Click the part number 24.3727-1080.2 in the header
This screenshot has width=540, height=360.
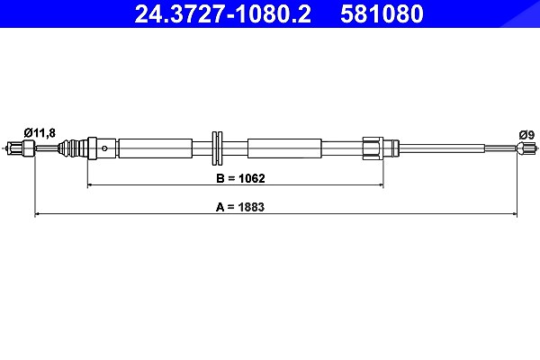point(223,14)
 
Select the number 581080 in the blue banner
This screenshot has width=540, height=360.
point(382,14)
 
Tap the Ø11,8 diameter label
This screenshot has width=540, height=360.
point(40,132)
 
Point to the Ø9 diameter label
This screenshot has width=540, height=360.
point(526,135)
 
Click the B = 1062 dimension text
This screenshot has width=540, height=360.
point(240,178)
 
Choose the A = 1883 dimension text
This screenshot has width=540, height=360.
point(240,207)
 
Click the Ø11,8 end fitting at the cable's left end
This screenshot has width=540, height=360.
point(21,148)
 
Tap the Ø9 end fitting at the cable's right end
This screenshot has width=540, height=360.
point(526,148)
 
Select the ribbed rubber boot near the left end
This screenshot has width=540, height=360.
point(72,148)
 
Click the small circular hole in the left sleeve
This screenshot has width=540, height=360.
point(104,148)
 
